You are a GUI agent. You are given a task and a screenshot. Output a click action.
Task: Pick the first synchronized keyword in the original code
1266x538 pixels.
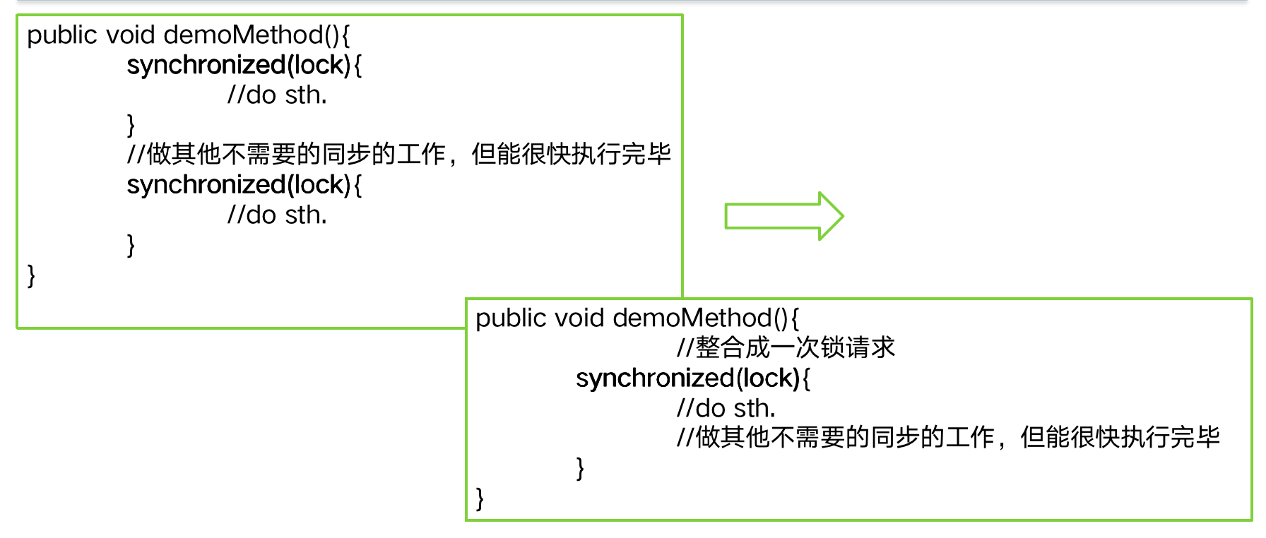[206, 65]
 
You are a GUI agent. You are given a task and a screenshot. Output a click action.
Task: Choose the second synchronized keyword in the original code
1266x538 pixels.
[206, 185]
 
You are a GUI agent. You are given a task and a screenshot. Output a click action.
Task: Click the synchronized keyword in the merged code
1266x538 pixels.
[655, 378]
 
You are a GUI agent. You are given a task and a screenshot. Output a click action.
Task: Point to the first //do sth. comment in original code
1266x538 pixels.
[277, 95]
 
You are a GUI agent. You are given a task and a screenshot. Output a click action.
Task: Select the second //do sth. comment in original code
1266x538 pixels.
[277, 215]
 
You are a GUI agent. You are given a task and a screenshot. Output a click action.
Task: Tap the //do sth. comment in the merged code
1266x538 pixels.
[726, 408]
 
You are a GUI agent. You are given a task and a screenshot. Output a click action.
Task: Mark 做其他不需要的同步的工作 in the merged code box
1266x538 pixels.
[844, 438]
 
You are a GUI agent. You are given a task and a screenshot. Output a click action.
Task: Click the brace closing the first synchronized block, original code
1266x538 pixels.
[131, 125]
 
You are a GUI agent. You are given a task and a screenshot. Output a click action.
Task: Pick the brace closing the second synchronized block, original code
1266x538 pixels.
[131, 245]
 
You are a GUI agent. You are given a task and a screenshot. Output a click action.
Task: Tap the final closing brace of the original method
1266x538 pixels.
[31, 275]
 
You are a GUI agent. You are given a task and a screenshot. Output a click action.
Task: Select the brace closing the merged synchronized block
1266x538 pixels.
[580, 468]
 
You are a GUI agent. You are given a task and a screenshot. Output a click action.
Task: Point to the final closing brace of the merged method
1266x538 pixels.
[480, 498]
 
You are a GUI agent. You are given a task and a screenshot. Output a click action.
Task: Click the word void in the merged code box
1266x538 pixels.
[579, 318]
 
